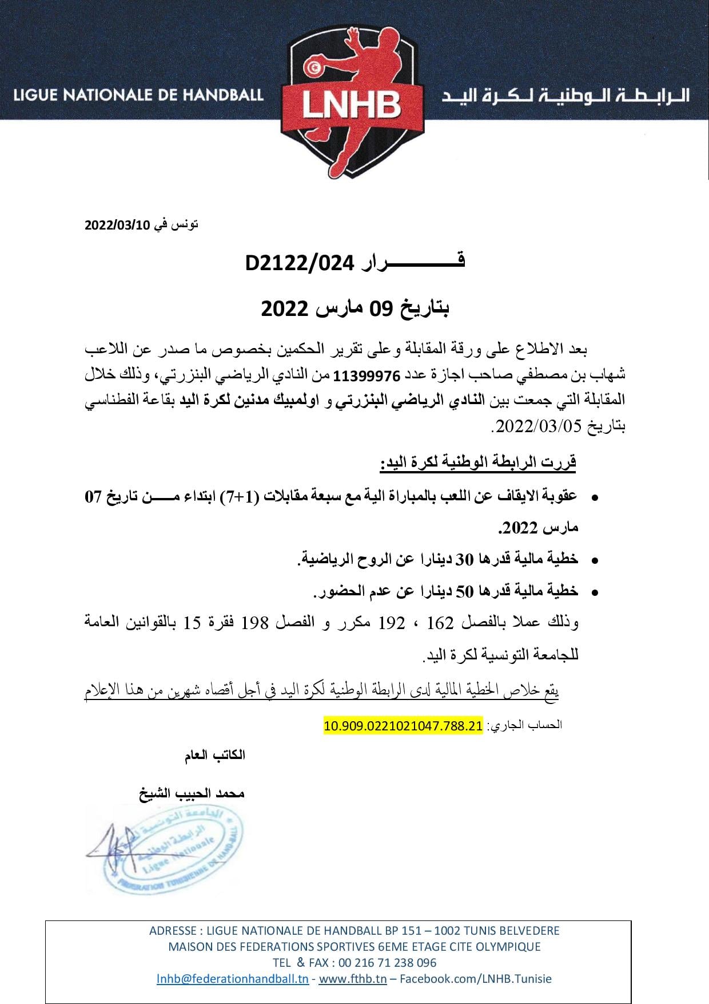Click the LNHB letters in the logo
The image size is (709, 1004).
click(x=352, y=106)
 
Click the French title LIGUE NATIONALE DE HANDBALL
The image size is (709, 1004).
click(x=138, y=95)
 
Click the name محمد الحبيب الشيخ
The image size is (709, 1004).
click(x=192, y=794)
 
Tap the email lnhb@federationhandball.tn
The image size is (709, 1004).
click(x=233, y=978)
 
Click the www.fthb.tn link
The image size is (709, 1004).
click(x=352, y=978)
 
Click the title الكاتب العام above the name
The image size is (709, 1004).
click(x=214, y=755)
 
